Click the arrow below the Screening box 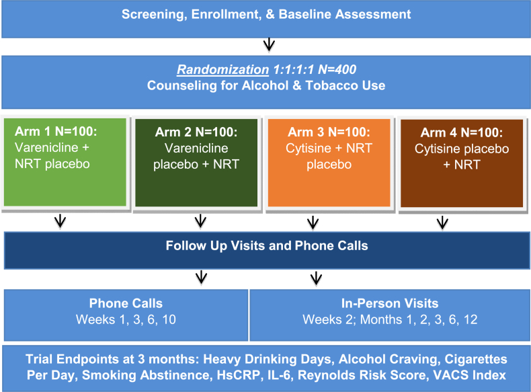coord(268,46)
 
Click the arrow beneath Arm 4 coord(442,223)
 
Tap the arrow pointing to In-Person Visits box coord(313,277)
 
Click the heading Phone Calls coord(126,303)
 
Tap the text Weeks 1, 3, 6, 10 coord(126,319)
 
